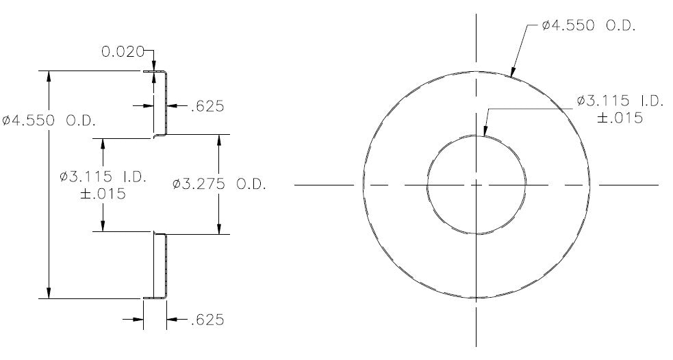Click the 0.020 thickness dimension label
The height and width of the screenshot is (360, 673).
pos(123,51)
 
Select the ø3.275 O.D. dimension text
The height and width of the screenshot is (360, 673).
pos(219,185)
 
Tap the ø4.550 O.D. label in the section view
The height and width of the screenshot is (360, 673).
pos(49,120)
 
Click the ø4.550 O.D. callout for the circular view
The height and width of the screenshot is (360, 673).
pos(588,26)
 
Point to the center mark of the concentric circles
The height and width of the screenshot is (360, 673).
pos(476,185)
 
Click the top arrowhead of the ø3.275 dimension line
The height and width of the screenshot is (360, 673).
pos(219,140)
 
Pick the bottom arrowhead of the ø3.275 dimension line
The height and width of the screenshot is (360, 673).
pos(219,229)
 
